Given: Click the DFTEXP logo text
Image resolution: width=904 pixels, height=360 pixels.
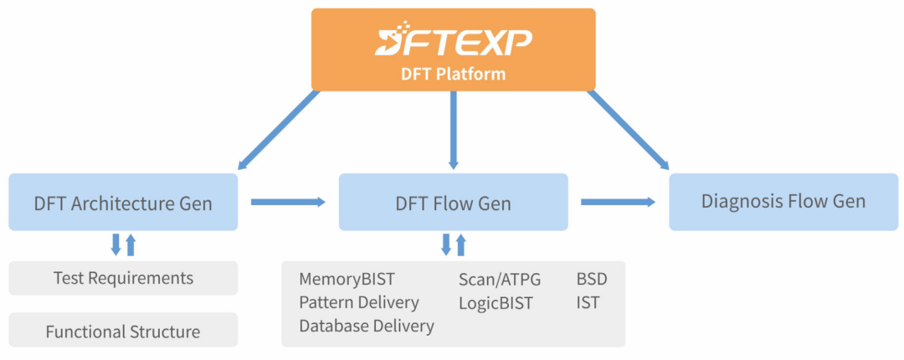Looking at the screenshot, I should pos(453,40).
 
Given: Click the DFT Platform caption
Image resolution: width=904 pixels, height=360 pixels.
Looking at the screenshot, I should pos(453,74).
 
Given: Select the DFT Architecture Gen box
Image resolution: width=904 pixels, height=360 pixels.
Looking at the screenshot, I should pos(123,203).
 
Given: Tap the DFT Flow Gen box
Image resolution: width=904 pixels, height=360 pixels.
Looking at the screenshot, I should pos(453,203).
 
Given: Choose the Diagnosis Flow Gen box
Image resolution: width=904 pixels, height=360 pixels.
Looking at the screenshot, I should pos(783,202).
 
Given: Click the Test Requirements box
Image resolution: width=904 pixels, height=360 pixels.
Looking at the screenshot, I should pos(123,278).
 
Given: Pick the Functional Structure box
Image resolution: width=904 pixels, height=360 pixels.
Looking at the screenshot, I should pos(123,332).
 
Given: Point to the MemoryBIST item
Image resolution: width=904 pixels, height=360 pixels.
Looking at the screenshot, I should pos(347,279).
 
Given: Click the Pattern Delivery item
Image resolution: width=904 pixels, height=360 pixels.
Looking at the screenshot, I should pos(359,302).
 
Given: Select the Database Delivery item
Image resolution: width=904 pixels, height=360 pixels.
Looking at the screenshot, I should pos(367,326).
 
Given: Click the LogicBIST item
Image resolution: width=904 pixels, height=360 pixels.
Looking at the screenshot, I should pos(496,302).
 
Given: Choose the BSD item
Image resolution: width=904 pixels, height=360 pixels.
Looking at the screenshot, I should pos(592,279).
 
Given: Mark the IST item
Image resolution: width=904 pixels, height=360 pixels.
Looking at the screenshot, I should pos(588,302).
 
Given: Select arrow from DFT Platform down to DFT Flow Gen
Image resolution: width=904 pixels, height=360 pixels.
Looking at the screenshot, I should pos(453,130).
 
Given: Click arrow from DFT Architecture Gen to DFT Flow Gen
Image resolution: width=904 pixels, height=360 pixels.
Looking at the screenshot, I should pos(287,202).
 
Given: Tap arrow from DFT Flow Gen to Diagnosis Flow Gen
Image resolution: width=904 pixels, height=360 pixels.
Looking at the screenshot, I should pos(618,202).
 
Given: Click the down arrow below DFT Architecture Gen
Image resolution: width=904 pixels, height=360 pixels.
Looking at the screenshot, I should pos(116,244).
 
